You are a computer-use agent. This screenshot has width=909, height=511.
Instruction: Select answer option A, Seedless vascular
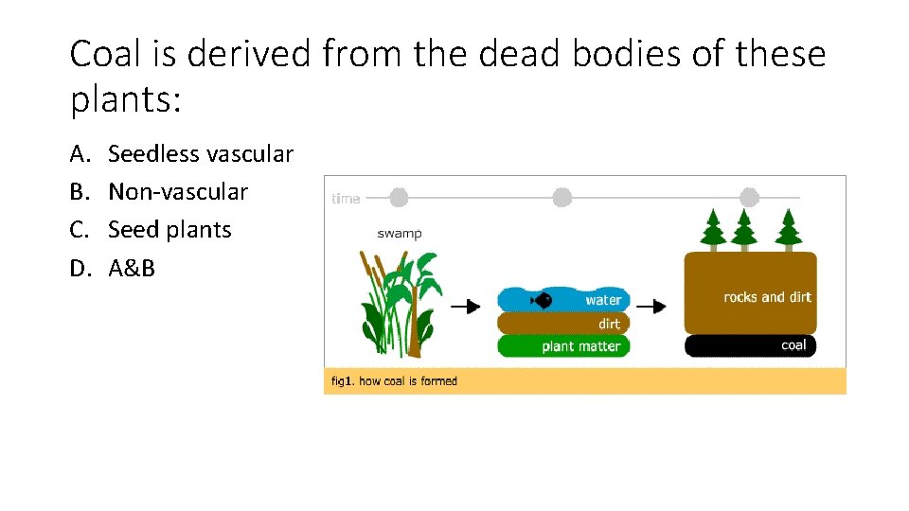(201, 153)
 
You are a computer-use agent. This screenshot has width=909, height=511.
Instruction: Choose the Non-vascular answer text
(178, 192)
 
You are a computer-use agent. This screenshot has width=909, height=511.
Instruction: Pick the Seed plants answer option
(169, 230)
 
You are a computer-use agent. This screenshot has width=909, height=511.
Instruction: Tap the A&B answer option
(132, 268)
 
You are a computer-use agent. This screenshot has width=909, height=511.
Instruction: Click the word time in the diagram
(346, 199)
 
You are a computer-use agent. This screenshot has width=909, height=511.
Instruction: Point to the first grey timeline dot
(399, 197)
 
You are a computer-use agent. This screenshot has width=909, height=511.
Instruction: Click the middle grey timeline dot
(562, 197)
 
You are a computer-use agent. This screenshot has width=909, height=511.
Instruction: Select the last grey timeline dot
(749, 197)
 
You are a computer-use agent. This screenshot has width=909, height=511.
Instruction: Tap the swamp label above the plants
(399, 233)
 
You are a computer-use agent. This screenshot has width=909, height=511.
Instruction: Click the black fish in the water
(543, 301)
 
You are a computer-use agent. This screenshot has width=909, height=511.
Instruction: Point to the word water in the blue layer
(603, 301)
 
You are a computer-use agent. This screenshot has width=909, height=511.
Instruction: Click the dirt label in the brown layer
(609, 324)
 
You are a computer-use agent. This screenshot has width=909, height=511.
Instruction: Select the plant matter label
(581, 346)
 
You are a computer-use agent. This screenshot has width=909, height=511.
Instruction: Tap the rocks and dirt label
(767, 297)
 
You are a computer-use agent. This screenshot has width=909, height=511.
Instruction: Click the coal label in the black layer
(793, 345)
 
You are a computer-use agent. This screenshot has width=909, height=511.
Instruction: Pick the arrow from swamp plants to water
(465, 307)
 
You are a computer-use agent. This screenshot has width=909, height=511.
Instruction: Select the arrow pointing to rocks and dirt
(651, 307)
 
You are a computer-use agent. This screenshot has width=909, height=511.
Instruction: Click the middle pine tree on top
(743, 228)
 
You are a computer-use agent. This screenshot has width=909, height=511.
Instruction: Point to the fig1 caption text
(394, 381)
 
